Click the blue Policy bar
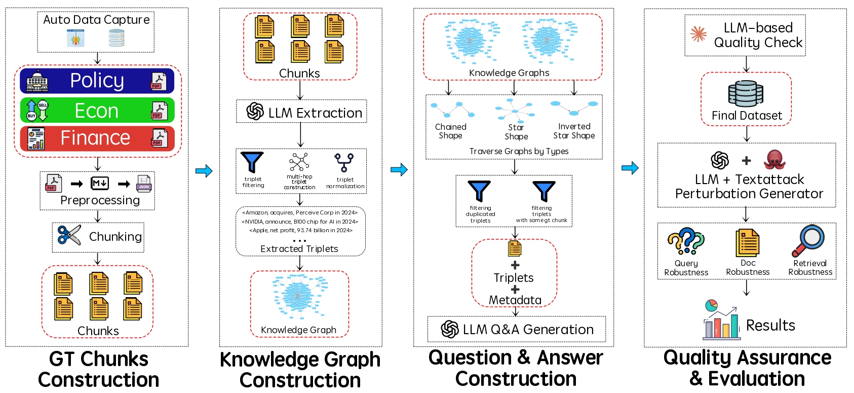point(97,81)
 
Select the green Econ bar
point(97,111)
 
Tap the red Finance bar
point(97,138)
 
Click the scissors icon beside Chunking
point(69,235)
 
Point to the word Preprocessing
point(100,200)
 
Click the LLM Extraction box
point(301,112)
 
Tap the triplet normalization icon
point(344,162)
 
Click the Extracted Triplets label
point(299,249)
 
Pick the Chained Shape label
point(450,131)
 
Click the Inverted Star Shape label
point(574,131)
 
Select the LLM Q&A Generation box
point(516,330)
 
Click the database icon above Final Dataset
point(746,93)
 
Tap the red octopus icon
point(774,160)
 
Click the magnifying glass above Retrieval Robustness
point(809,240)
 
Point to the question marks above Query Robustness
point(686,241)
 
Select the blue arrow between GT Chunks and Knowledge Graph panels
point(204,170)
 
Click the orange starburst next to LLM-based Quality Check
point(698,34)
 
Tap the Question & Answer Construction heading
point(516,368)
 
